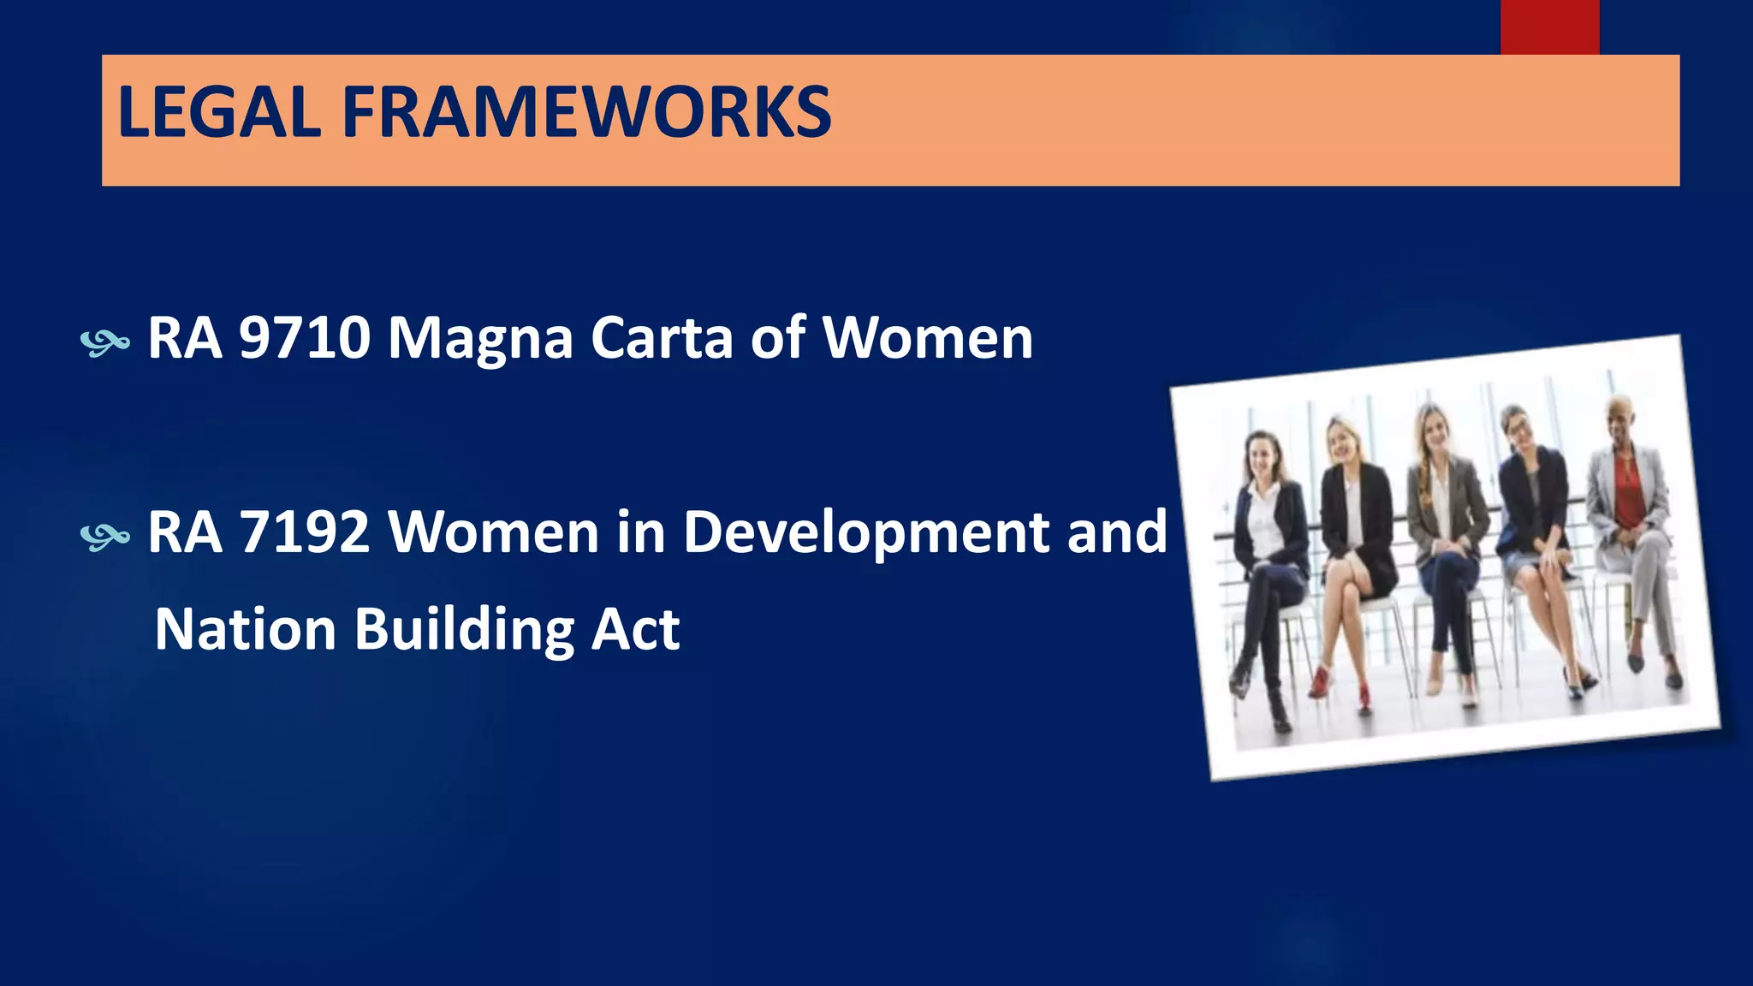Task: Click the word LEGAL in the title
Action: pos(219,112)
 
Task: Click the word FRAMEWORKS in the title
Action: pos(587,112)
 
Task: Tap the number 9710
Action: pos(305,338)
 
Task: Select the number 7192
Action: pos(305,532)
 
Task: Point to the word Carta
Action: pos(662,338)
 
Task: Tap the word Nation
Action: pos(246,629)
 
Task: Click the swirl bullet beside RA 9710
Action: pos(104,343)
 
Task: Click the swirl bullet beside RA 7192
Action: pos(104,537)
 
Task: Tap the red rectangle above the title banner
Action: pos(1549,27)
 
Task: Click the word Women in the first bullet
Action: pos(928,338)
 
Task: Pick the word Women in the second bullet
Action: pos(494,532)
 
